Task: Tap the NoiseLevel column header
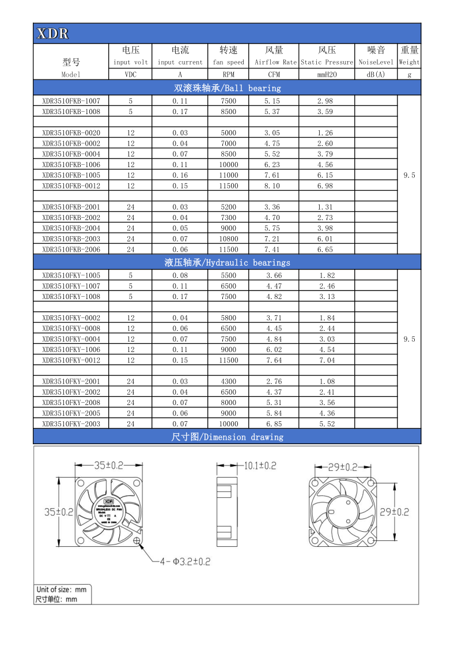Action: [x=376, y=62]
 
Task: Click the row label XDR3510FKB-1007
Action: [x=71, y=101]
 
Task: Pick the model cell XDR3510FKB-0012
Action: [x=71, y=186]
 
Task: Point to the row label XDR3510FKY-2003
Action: [x=71, y=424]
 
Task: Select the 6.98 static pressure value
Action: [x=325, y=186]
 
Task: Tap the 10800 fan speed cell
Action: [x=228, y=239]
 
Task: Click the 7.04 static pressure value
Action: [x=327, y=361]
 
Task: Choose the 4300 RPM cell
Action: [x=228, y=381]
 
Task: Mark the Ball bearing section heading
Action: [x=227, y=88]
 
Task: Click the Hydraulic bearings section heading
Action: [x=227, y=263]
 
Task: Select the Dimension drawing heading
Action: [x=227, y=437]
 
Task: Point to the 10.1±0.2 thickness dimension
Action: [x=259, y=466]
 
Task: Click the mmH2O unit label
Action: [x=326, y=74]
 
